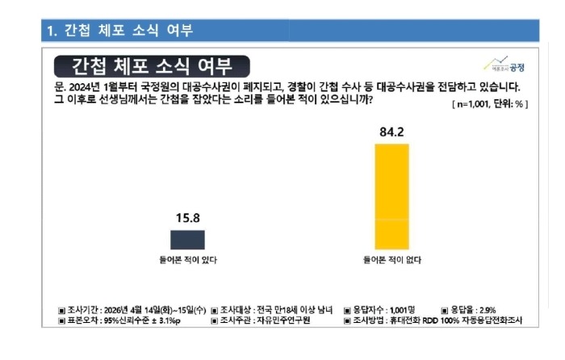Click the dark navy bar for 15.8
tap(187, 240)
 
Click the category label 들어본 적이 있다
tap(187, 260)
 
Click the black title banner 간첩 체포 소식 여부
tap(153, 65)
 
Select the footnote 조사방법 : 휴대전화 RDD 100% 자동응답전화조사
tap(437, 320)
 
